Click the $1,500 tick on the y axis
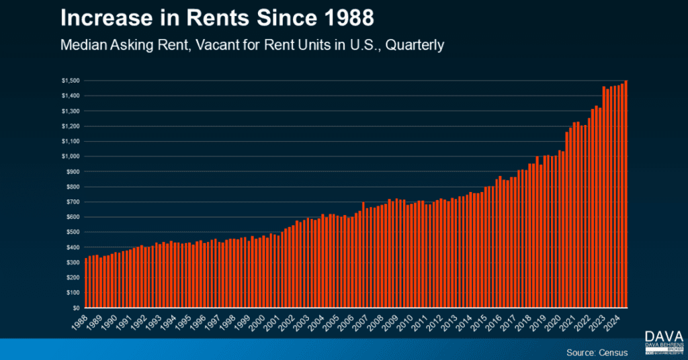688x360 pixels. [x=70, y=81]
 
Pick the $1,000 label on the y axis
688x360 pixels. [x=70, y=156]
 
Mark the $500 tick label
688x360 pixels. [x=72, y=232]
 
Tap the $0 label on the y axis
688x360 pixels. [x=75, y=308]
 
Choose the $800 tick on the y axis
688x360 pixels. [x=72, y=187]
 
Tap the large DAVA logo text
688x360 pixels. [x=664, y=336]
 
